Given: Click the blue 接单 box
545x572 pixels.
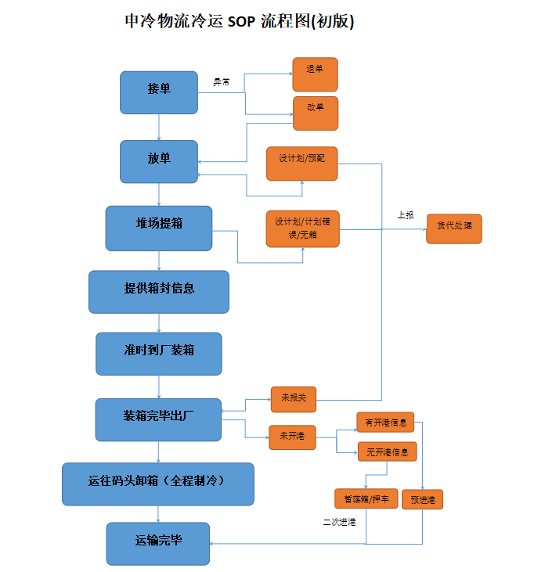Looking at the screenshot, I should (x=159, y=92).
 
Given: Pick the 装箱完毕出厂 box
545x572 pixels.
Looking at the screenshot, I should (x=159, y=419).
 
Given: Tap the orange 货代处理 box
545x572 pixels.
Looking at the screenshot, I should (x=453, y=228).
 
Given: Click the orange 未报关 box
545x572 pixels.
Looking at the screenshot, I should (x=294, y=399).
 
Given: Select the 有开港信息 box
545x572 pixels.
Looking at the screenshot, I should (x=385, y=423).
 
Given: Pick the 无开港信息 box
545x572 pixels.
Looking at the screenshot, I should (x=387, y=451).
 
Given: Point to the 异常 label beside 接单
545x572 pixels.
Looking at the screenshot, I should (x=222, y=81).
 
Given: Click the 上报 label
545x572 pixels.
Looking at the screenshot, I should (x=405, y=214).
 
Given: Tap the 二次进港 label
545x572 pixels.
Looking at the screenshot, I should (x=339, y=522).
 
